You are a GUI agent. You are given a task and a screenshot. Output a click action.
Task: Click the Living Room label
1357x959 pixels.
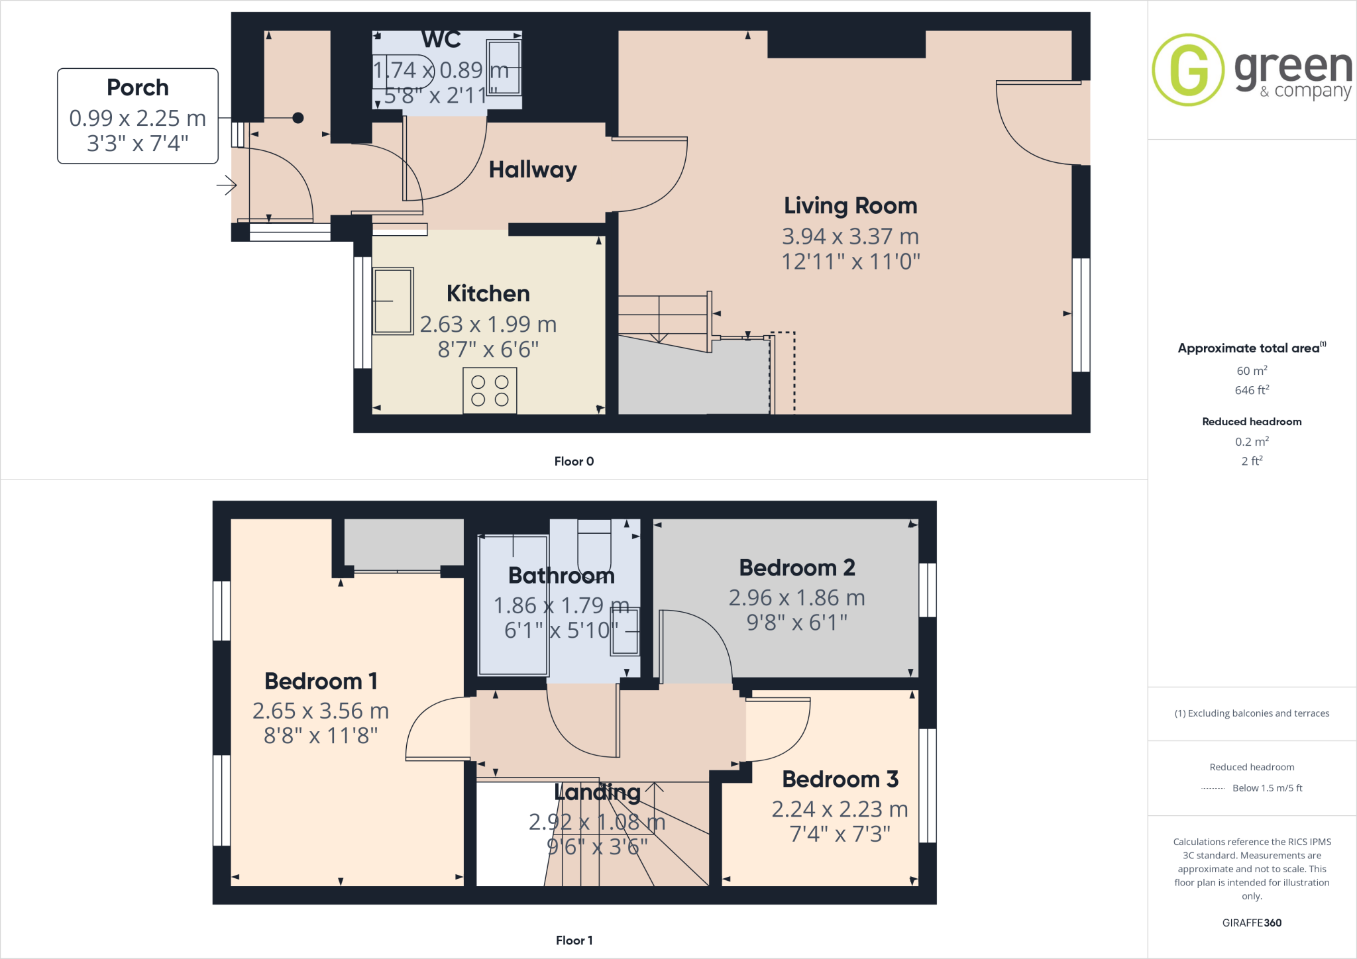click(850, 206)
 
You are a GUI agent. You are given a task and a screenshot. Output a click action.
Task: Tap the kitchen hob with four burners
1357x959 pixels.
click(490, 391)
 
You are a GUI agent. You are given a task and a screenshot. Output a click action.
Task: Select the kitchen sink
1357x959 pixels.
click(393, 301)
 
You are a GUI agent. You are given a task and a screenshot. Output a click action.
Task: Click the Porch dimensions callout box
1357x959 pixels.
click(138, 116)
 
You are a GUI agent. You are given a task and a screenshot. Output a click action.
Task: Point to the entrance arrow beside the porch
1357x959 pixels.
click(227, 185)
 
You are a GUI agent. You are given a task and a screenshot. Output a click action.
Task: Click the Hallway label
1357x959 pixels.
click(533, 170)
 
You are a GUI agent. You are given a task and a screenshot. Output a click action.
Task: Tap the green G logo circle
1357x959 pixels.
click(1188, 70)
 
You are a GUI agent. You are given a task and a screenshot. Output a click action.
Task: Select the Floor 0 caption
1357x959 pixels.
click(574, 462)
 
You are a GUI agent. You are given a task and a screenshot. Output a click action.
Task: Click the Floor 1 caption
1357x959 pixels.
click(574, 940)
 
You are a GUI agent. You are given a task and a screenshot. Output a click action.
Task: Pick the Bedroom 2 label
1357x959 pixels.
click(797, 568)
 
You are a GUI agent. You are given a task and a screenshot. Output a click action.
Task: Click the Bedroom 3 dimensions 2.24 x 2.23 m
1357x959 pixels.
click(840, 809)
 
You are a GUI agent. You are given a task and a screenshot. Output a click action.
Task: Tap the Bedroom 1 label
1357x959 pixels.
click(321, 681)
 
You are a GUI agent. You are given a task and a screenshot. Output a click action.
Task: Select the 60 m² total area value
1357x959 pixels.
click(1252, 371)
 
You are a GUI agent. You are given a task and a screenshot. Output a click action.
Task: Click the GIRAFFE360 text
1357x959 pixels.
click(1252, 923)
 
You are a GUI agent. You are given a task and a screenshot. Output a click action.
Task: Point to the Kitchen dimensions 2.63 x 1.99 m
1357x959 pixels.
click(488, 325)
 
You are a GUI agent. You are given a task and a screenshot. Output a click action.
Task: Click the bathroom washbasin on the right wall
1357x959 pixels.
click(625, 631)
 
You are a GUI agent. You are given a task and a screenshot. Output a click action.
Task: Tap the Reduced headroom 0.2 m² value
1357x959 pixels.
click(1252, 442)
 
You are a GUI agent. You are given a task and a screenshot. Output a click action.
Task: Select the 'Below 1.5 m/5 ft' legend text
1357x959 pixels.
click(1267, 788)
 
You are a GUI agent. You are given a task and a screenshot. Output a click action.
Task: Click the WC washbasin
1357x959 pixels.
click(504, 68)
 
